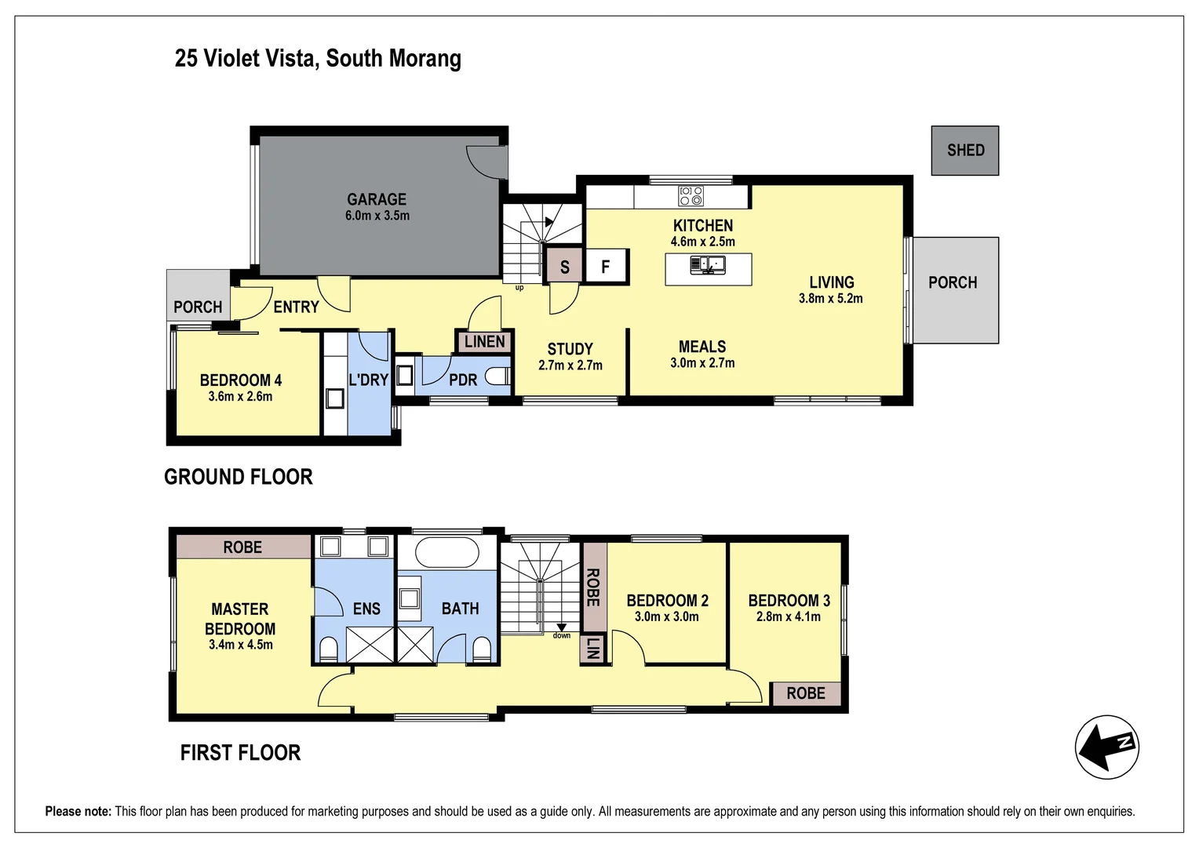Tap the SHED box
tap(964, 151)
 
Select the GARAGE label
tap(377, 199)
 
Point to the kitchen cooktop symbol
tap(691, 195)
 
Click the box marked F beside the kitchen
tap(606, 267)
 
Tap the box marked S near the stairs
tap(564, 267)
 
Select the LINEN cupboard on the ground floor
tap(484, 342)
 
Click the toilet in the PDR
tap(497, 377)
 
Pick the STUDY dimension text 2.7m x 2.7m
tap(570, 365)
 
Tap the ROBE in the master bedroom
tap(243, 547)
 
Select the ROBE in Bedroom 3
tap(805, 693)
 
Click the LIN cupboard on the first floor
tap(593, 649)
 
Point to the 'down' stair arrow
tap(562, 627)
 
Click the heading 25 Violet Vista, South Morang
tap(318, 58)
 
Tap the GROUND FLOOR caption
tap(239, 477)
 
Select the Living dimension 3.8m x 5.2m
tap(830, 299)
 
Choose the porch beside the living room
tap(954, 290)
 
